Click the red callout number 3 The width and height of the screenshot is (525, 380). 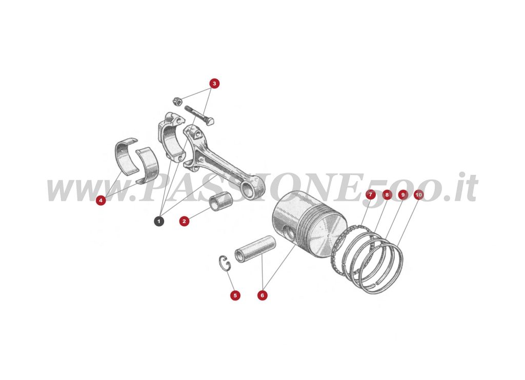[214, 83]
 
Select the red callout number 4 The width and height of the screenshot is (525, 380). [101, 200]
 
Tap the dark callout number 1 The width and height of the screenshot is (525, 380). [159, 221]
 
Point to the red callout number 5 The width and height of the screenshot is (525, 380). [235, 295]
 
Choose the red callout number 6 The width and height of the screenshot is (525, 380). [262, 295]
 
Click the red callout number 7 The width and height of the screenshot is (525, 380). [370, 195]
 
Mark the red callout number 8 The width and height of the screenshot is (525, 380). [387, 195]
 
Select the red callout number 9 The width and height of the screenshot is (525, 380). [402, 195]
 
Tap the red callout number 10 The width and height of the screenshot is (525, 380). [418, 195]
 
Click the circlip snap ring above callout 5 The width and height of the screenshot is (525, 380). [225, 261]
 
